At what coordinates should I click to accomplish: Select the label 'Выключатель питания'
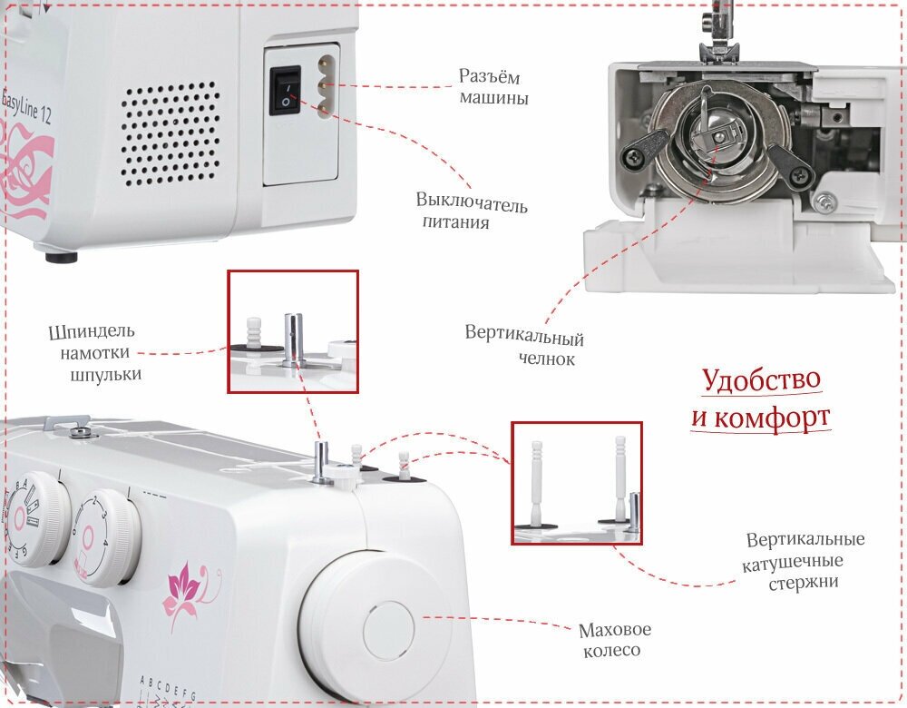[471, 211]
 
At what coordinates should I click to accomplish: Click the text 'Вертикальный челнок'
[524, 348]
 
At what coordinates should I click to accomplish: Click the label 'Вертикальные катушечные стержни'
[805, 561]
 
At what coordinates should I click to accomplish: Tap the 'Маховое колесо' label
[614, 639]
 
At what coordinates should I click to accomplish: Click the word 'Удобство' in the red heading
[762, 379]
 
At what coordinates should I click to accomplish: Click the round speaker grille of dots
[171, 133]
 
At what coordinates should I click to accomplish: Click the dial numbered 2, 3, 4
[106, 536]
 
